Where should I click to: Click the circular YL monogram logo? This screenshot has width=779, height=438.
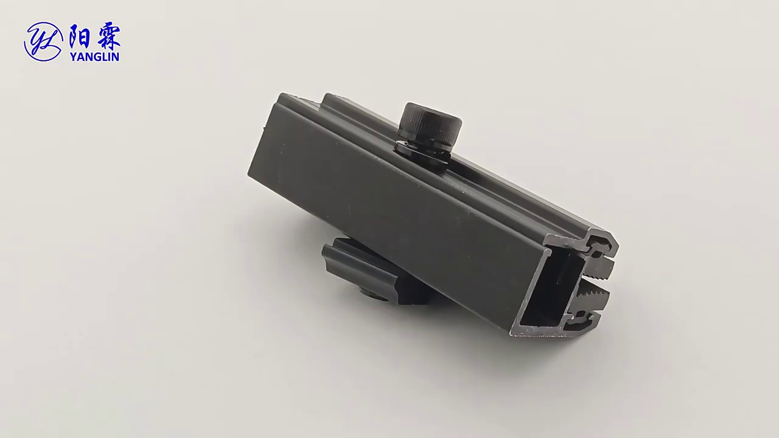pyautogui.click(x=43, y=42)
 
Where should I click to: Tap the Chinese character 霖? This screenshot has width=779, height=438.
pyautogui.click(x=108, y=37)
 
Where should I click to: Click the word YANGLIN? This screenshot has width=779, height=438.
pyautogui.click(x=94, y=57)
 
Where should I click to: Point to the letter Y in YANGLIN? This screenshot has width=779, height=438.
pyautogui.click(x=74, y=57)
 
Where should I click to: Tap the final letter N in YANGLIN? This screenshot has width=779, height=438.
pyautogui.click(x=116, y=57)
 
